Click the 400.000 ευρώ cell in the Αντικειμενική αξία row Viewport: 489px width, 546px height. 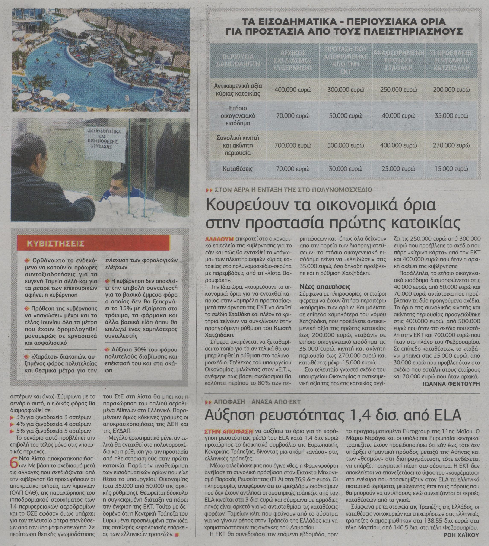coord(293,90)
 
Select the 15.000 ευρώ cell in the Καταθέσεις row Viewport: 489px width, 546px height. coord(451,169)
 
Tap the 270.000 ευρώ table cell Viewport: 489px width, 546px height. coord(451,145)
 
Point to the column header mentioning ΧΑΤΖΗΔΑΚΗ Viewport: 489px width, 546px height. coord(451,61)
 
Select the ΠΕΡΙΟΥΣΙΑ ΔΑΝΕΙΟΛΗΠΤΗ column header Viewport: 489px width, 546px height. coord(238,61)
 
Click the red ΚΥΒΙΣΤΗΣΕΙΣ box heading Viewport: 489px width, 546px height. coord(56,244)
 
